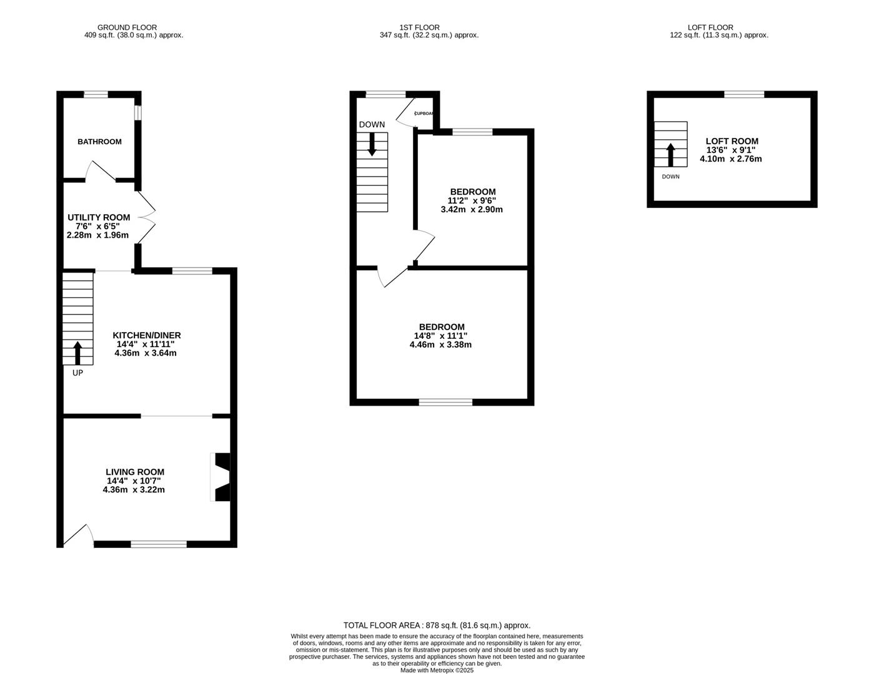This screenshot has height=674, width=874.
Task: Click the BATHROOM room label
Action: tap(99, 142)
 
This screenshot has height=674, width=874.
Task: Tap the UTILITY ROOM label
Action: tap(99, 217)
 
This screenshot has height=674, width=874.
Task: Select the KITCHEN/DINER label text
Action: tap(146, 335)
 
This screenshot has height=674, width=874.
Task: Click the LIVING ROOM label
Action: tap(134, 472)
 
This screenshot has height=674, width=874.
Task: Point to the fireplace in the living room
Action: tap(222, 477)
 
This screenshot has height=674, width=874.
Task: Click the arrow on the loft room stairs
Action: tap(670, 155)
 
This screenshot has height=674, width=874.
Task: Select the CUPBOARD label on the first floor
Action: tap(424, 114)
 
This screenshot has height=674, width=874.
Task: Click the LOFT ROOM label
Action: tap(732, 141)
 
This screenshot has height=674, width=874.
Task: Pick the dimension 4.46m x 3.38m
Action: tap(441, 344)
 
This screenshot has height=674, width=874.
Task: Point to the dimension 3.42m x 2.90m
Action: tap(472, 210)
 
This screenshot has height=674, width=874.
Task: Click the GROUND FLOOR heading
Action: tap(127, 27)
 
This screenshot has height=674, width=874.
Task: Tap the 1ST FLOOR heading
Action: tap(419, 27)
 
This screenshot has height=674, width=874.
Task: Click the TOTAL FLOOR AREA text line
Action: tap(436, 625)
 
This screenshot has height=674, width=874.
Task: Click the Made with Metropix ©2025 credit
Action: tap(437, 670)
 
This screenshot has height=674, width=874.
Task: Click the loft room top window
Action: tap(743, 94)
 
